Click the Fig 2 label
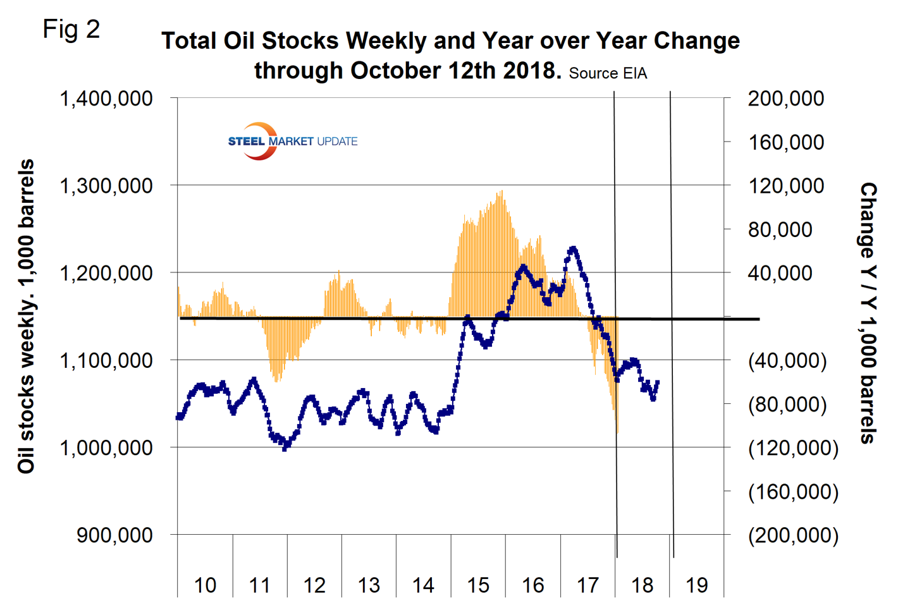click(x=71, y=29)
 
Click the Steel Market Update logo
click(x=292, y=141)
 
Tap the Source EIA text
click(x=608, y=73)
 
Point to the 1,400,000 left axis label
click(x=106, y=99)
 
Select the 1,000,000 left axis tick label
click(x=106, y=448)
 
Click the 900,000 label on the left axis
click(x=114, y=535)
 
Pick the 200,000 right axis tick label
click(x=786, y=99)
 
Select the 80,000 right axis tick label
click(x=780, y=229)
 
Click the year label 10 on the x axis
click(x=205, y=585)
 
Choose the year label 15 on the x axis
click(x=478, y=585)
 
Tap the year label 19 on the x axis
click(x=697, y=585)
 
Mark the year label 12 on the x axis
click(x=314, y=585)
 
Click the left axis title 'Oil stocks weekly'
click(x=27, y=316)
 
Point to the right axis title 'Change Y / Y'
click(x=868, y=313)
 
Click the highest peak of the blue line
click(x=573, y=248)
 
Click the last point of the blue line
click(x=658, y=382)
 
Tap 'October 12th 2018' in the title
click(x=456, y=70)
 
